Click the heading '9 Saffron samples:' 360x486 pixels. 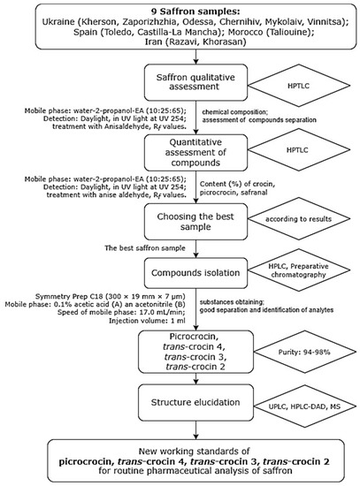pos(180,10)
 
